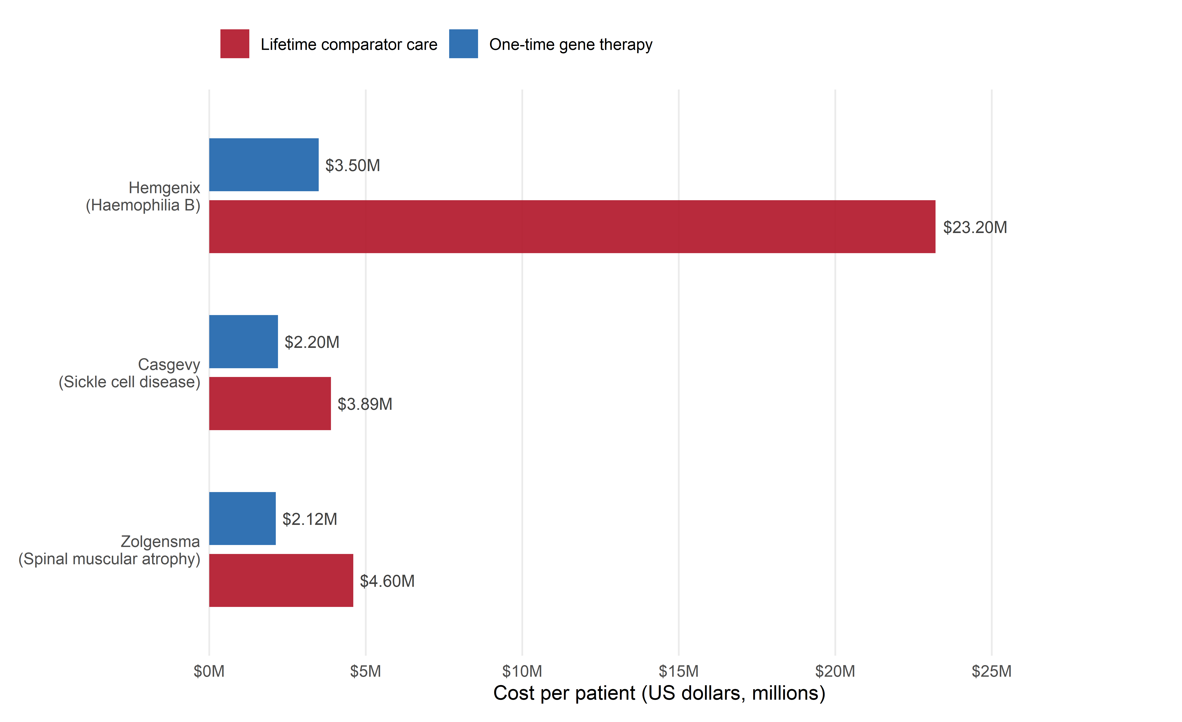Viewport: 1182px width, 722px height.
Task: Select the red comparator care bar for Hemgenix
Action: (x=572, y=227)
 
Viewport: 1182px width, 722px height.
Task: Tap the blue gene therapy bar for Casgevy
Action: (x=243, y=342)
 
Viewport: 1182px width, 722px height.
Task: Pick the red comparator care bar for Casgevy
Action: (x=270, y=404)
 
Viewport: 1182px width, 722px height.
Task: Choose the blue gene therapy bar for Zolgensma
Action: (x=242, y=519)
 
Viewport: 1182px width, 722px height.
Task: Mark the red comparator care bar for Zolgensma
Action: (x=281, y=581)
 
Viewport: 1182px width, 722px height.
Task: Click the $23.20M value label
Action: (x=975, y=227)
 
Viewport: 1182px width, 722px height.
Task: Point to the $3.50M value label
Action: (x=353, y=165)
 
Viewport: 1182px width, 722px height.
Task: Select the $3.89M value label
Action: (x=365, y=404)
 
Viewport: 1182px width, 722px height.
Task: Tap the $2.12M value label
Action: (x=310, y=519)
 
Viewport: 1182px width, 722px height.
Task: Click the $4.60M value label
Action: (x=387, y=581)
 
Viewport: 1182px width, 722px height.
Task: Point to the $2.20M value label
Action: (x=312, y=342)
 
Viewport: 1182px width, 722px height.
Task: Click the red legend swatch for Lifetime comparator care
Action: (x=235, y=44)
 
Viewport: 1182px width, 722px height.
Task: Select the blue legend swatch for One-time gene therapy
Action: (x=463, y=44)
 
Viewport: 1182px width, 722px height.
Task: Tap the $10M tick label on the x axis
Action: (x=522, y=671)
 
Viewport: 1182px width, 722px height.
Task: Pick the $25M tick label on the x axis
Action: (x=992, y=671)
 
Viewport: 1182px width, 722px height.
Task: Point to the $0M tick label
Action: (x=209, y=671)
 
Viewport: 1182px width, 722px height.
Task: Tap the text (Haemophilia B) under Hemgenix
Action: (x=143, y=205)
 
